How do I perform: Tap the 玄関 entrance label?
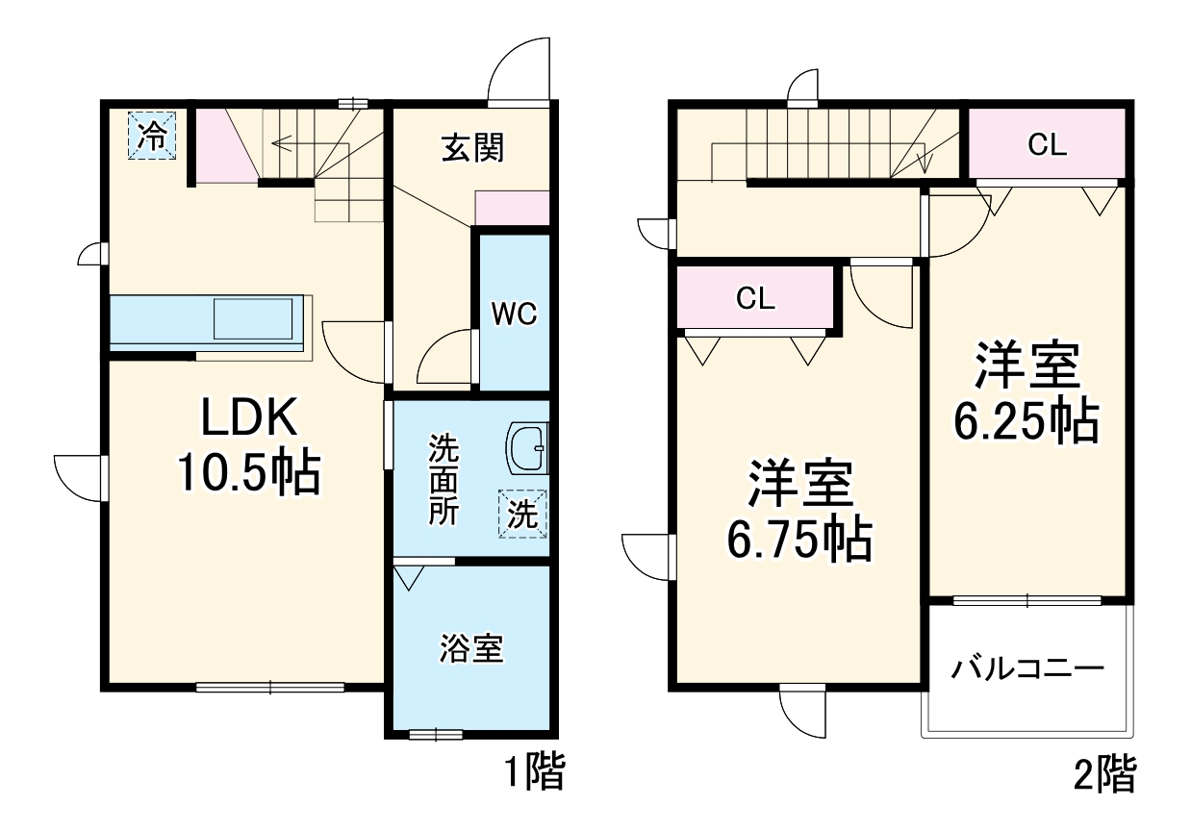pyautogui.click(x=471, y=149)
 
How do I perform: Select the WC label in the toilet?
pyautogui.click(x=514, y=315)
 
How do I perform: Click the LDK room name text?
pyautogui.click(x=249, y=420)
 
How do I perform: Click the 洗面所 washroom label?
pyautogui.click(x=443, y=479)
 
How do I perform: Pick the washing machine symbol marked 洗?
pyautogui.click(x=521, y=514)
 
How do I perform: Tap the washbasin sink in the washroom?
pyautogui.click(x=527, y=449)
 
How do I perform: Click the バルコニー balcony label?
pyautogui.click(x=1027, y=668)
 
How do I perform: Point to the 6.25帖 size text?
pyautogui.click(x=1026, y=420)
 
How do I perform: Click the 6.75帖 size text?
pyautogui.click(x=799, y=539)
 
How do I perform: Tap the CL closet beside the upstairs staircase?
pyautogui.click(x=1047, y=145)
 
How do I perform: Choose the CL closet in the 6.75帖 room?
pyautogui.click(x=755, y=298)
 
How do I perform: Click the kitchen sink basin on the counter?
pyautogui.click(x=253, y=319)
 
